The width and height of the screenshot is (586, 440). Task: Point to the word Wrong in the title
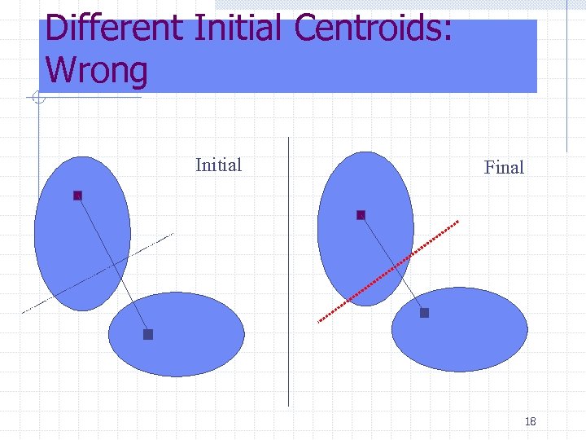click(x=97, y=70)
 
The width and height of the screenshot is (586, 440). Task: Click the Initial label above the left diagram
click(x=218, y=165)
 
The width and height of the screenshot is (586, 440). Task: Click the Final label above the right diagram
click(x=504, y=168)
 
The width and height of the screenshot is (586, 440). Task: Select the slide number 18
click(x=531, y=421)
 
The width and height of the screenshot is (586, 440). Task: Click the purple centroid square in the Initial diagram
click(x=78, y=196)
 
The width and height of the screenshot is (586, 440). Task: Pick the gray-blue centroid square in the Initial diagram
click(x=148, y=334)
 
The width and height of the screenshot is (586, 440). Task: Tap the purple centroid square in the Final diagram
click(x=361, y=215)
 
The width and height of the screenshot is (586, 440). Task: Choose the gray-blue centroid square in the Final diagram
click(x=424, y=313)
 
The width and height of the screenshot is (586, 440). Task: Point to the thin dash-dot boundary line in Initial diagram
click(x=49, y=297)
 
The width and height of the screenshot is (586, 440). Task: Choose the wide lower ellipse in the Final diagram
click(x=472, y=338)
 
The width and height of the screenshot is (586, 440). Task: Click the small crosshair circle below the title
click(x=37, y=99)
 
